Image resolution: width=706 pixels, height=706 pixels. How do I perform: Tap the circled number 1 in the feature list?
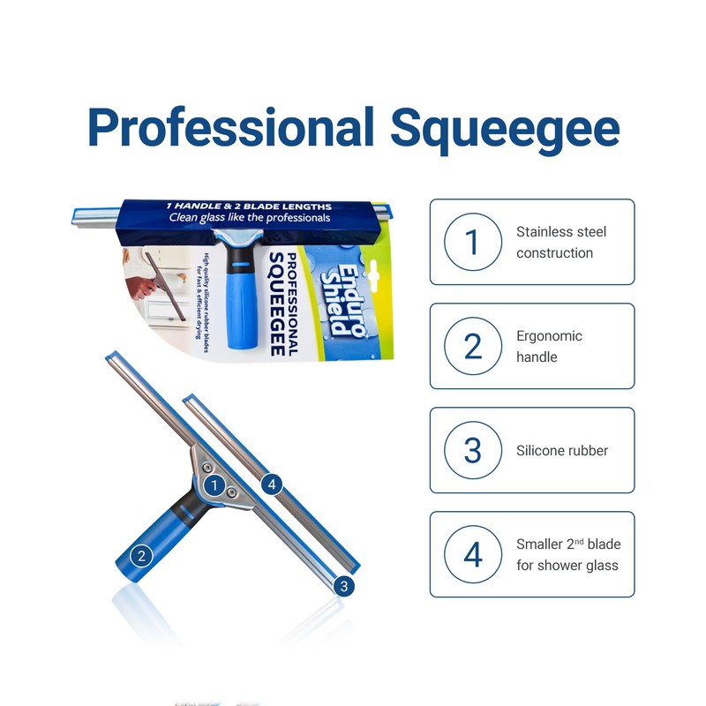coord(473,242)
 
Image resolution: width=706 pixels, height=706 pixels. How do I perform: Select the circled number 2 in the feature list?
coord(473,346)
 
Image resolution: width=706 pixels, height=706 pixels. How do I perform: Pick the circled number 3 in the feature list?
coord(473,450)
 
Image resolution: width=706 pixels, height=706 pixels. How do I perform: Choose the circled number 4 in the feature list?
coord(473,554)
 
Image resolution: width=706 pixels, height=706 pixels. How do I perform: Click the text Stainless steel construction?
coord(561,242)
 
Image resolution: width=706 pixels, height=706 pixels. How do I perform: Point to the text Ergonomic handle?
coord(549,346)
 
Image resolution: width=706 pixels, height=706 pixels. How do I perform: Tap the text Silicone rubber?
coord(562,450)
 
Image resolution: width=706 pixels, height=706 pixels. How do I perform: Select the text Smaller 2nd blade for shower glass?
coord(567,554)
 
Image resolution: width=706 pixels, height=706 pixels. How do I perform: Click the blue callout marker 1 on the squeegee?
coord(213,484)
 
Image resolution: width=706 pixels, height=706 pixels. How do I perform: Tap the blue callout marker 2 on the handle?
coord(139,556)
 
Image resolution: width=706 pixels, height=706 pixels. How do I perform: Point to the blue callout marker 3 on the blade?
coord(345,585)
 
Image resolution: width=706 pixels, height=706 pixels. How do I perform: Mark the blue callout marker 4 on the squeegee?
coord(272,483)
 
